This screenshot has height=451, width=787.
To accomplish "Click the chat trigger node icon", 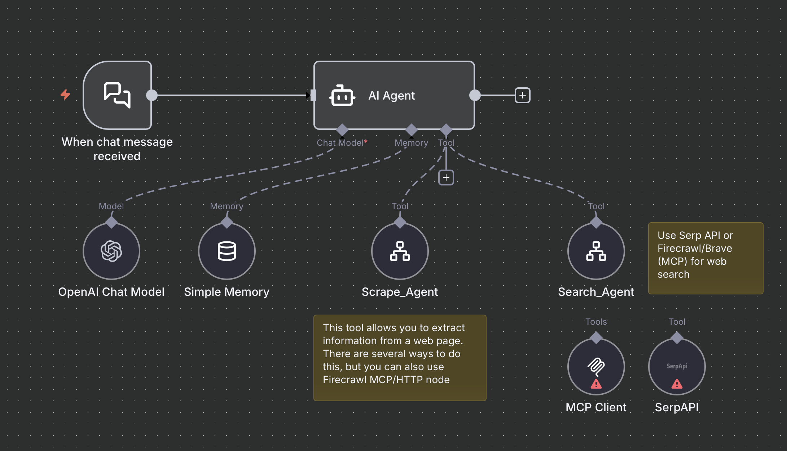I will [117, 95].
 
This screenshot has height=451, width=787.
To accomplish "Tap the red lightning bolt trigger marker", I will [65, 95].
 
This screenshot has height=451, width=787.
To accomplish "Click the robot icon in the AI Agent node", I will [342, 96].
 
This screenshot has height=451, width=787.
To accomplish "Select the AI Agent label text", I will [391, 96].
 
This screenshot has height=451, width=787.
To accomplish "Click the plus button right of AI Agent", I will [522, 95].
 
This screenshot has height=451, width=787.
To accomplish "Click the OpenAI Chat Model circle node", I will [111, 251].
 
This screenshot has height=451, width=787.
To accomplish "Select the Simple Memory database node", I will [227, 251].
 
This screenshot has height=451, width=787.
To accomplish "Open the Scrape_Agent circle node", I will [400, 251].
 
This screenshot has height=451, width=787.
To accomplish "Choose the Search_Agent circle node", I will [596, 251].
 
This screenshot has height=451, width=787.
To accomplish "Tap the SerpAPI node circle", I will [677, 366].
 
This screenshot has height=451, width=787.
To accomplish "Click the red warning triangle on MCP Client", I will [596, 384].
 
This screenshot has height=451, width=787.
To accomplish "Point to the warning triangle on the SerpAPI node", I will [677, 384].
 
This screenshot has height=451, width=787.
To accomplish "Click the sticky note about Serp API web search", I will [705, 258].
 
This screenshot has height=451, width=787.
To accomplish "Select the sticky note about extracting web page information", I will [400, 358].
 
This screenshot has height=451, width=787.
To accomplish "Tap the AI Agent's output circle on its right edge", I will [475, 95].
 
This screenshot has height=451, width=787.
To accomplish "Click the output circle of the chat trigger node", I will [152, 95].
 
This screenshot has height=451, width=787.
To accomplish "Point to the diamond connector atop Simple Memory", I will [227, 222].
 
